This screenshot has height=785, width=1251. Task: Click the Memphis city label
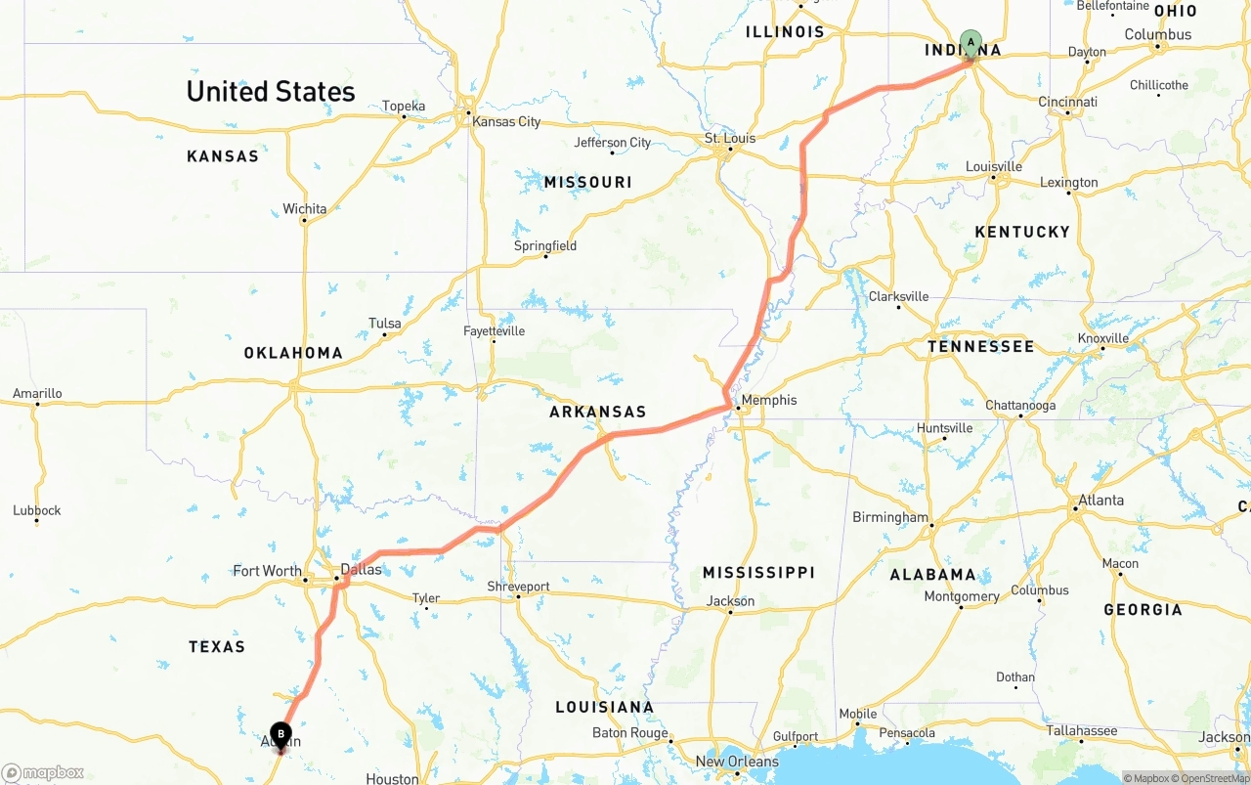[x=769, y=400]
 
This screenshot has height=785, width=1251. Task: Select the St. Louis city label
[x=730, y=138]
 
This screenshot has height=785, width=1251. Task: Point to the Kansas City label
[x=506, y=122]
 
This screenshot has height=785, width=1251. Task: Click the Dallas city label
[x=361, y=569]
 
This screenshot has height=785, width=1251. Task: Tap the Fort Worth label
[x=267, y=571]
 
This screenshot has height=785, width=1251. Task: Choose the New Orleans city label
[x=737, y=762]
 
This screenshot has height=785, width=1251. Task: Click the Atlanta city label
[x=1100, y=501]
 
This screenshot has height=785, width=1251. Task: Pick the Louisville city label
[x=994, y=166]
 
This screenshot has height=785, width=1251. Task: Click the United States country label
[x=271, y=92]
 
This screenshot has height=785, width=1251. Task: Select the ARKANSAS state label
[x=598, y=413]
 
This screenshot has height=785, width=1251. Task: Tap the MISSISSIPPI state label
[x=758, y=572]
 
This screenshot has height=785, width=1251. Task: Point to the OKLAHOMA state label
[x=293, y=353]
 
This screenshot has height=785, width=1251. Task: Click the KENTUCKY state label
[x=1022, y=232]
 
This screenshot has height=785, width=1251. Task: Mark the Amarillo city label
[x=37, y=394]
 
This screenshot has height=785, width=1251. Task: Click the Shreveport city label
[x=519, y=587]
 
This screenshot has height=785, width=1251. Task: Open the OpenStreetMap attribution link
[x=1214, y=778]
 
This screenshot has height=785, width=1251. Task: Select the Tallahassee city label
[x=1082, y=731]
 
